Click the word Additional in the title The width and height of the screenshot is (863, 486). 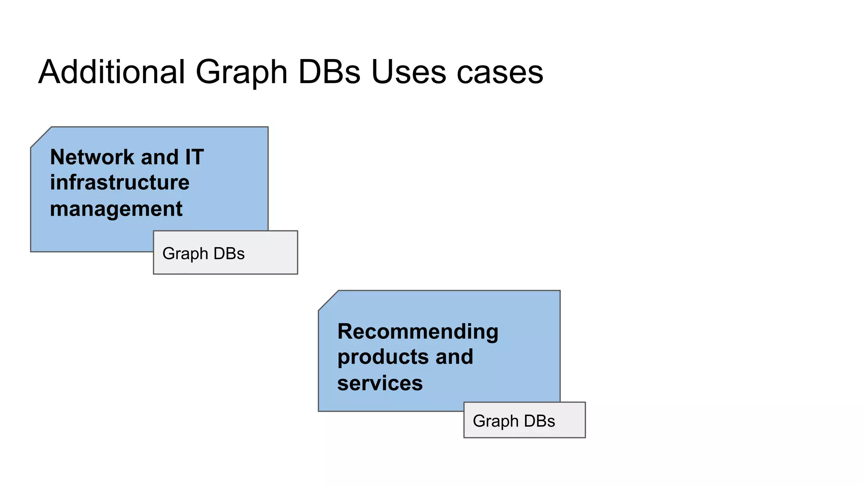pos(112,72)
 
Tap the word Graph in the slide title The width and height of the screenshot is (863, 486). pos(241,73)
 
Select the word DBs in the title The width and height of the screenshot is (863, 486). pos(329,72)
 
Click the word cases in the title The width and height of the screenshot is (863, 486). pos(500,73)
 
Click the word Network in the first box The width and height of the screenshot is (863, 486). pos(92,157)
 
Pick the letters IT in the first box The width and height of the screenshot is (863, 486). pos(194,157)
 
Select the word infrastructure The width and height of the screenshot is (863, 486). pos(120,183)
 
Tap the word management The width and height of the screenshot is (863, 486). pos(116,209)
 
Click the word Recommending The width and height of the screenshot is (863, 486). pos(418,331)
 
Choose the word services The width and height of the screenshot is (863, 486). pos(380,383)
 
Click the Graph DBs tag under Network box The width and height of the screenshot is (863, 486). pos(225,253)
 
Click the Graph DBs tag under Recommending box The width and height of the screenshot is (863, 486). pos(524,420)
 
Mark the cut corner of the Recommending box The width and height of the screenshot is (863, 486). pos(328,300)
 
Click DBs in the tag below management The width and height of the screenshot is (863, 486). pos(229,254)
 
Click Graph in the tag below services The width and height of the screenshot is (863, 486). pos(496,421)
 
